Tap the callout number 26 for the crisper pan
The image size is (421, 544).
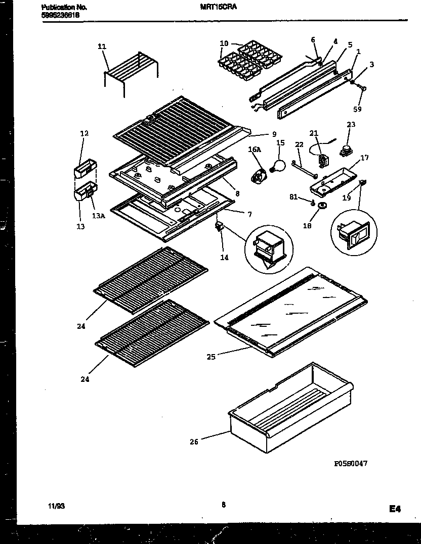tap(194, 442)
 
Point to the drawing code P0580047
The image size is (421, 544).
tap(350, 464)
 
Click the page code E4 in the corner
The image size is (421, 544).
tap(395, 509)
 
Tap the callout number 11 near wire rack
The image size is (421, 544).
tap(102, 46)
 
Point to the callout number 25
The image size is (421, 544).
tap(211, 357)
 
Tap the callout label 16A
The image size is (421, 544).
tap(254, 150)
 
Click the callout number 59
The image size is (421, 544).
tap(358, 109)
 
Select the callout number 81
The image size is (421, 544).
tap(306, 197)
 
